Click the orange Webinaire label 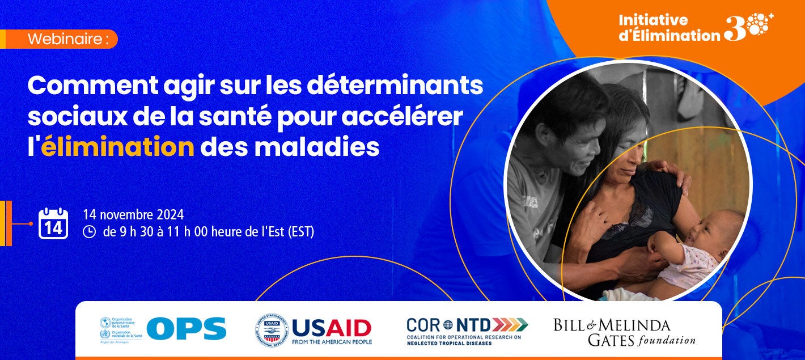67,40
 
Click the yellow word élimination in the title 118,147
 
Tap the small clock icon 89,231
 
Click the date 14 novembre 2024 133,215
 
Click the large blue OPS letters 187,329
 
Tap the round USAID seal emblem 271,331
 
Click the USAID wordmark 332,328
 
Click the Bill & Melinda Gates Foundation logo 624,332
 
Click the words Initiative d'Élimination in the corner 669,28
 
